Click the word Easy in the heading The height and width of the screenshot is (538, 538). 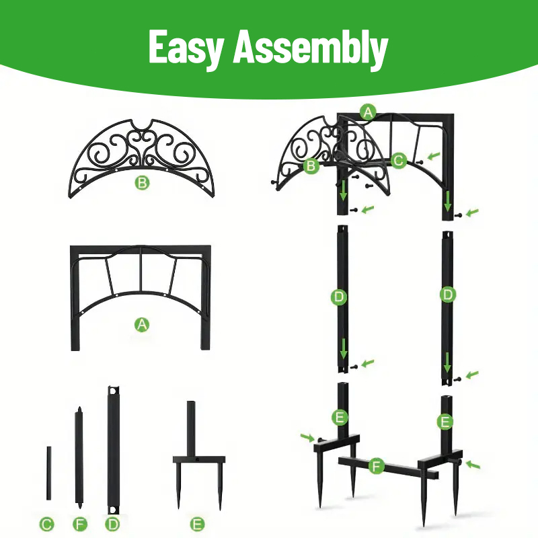pyautogui.click(x=186, y=47)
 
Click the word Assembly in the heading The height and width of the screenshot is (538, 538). pyautogui.click(x=311, y=48)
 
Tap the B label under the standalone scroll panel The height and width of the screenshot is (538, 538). pyautogui.click(x=142, y=183)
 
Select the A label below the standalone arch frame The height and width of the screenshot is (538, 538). pyautogui.click(x=142, y=325)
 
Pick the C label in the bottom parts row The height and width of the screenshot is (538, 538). pyautogui.click(x=46, y=525)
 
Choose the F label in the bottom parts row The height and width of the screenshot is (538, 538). pyautogui.click(x=80, y=525)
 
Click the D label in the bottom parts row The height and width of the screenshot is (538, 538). pyautogui.click(x=112, y=525)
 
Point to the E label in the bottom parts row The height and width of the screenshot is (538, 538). pyautogui.click(x=197, y=525)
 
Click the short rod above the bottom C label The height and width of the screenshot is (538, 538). pyautogui.click(x=49, y=473)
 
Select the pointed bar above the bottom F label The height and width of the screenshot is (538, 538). pyautogui.click(x=79, y=458)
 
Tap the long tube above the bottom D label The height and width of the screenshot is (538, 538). pyautogui.click(x=113, y=450)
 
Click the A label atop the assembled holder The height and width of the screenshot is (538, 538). pyautogui.click(x=368, y=112)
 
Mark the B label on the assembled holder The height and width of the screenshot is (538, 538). pyautogui.click(x=311, y=165)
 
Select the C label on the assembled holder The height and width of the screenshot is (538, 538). pyautogui.click(x=398, y=160)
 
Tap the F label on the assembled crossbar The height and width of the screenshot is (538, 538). pyautogui.click(x=376, y=466)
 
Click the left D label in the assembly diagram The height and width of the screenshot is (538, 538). pyautogui.click(x=339, y=297)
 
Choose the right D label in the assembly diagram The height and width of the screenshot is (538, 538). pyautogui.click(x=448, y=295)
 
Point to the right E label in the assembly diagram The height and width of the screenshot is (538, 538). pyautogui.click(x=445, y=422)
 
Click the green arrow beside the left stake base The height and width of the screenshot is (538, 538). pyautogui.click(x=307, y=437)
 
